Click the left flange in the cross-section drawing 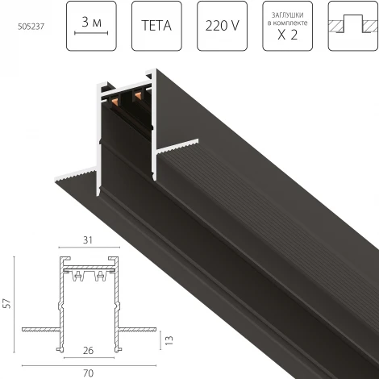37,329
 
